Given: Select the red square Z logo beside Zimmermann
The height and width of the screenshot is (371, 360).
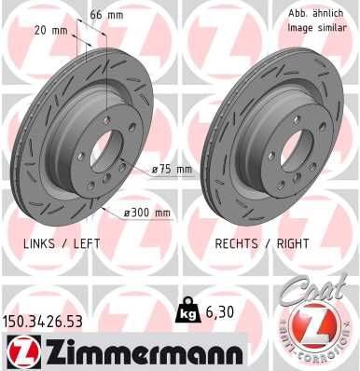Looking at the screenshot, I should [21, 351].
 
